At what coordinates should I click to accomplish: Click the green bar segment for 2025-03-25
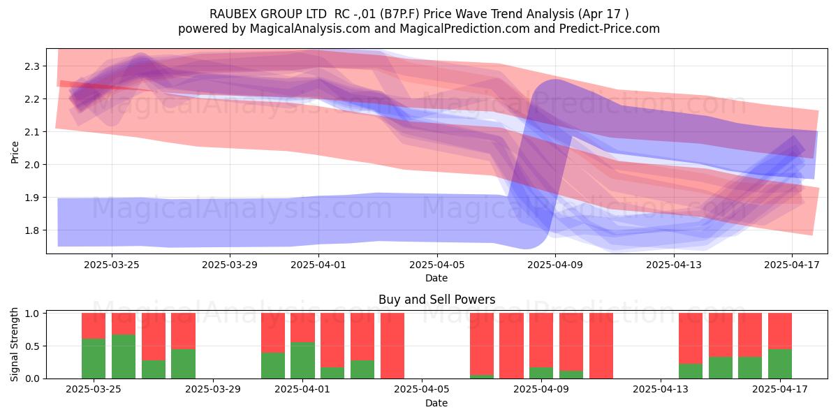[94, 358]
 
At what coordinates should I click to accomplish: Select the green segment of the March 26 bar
[124, 356]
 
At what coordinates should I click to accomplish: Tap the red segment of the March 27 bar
[154, 337]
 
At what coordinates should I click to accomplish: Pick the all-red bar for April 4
[392, 346]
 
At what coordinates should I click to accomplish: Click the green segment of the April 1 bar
[302, 360]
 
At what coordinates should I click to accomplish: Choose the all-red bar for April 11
[601, 346]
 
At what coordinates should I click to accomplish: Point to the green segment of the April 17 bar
[780, 364]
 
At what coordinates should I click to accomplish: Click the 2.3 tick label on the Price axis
[32, 66]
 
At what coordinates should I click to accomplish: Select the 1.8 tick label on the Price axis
[32, 230]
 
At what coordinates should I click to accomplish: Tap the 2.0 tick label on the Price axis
[32, 165]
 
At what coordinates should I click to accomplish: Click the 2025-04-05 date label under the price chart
[437, 265]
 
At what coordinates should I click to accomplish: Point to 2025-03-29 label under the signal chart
[213, 390]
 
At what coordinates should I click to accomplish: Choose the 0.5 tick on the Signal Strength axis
[32, 346]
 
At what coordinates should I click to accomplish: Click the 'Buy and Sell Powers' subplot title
[437, 300]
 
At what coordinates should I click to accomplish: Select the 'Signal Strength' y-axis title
[14, 344]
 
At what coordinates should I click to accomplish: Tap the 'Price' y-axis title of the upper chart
[15, 152]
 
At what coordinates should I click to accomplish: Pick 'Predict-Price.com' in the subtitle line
[610, 29]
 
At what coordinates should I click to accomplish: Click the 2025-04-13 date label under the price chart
[674, 265]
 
